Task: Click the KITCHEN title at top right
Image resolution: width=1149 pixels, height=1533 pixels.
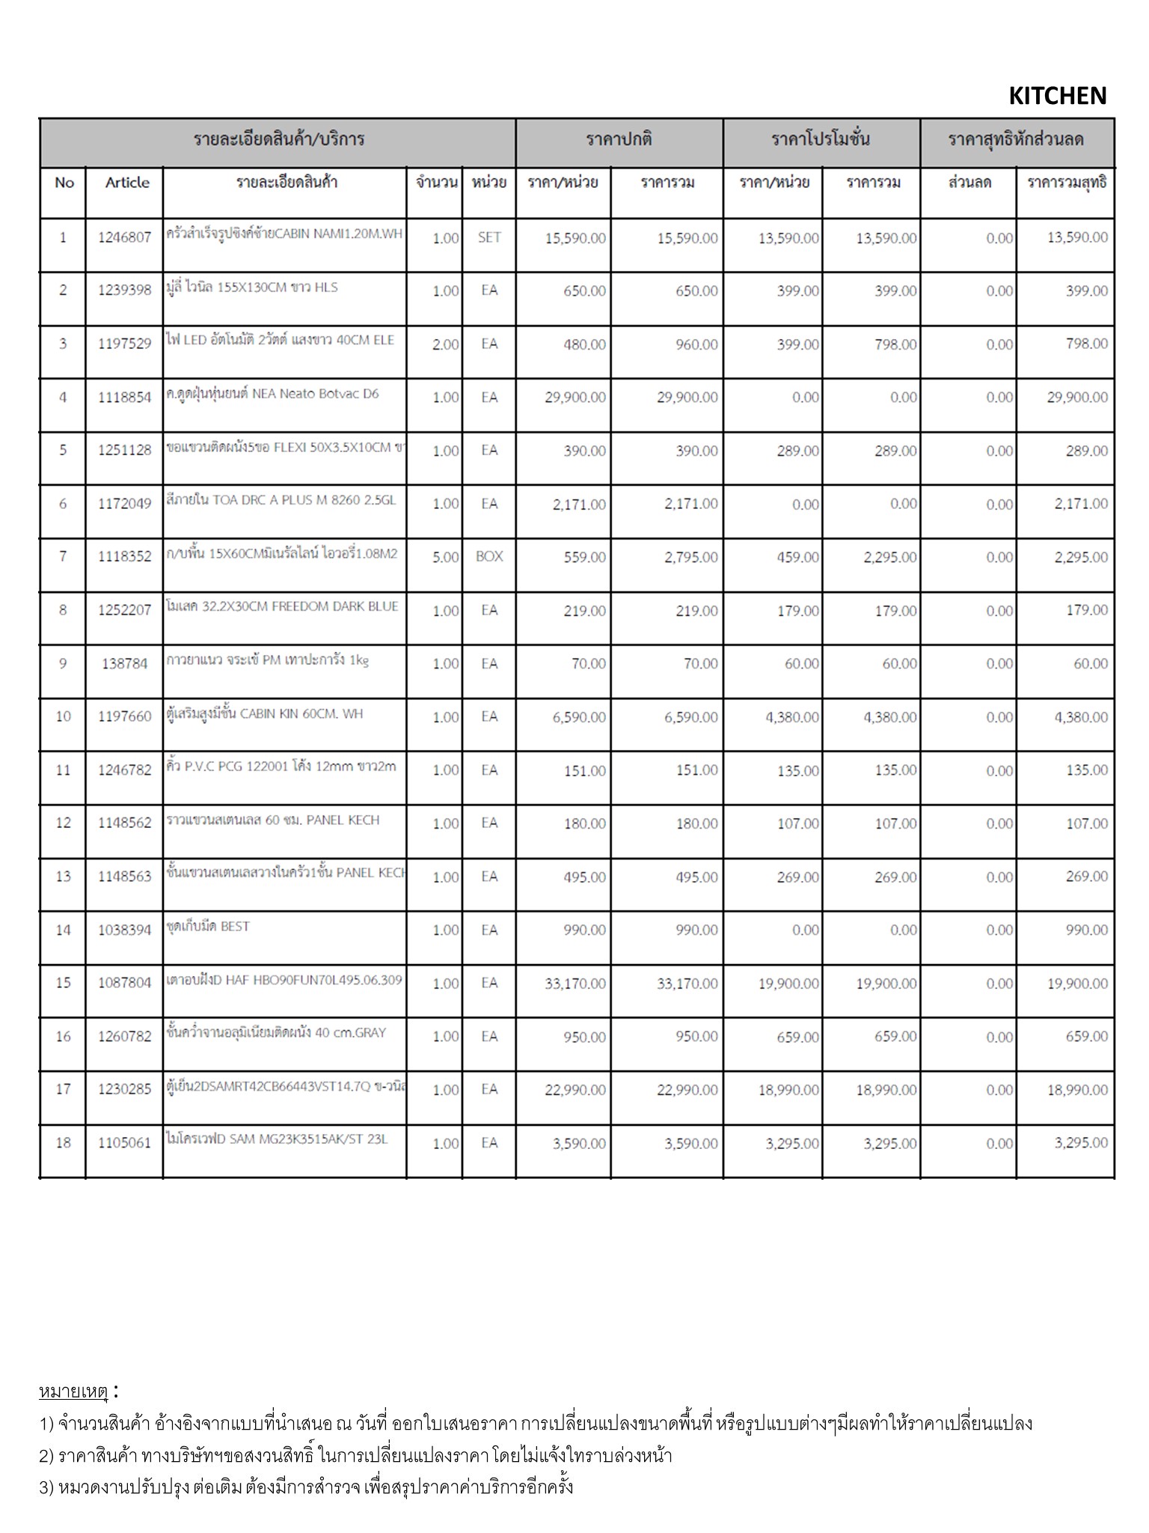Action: point(1057,96)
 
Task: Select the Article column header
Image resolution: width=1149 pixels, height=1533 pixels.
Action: point(127,183)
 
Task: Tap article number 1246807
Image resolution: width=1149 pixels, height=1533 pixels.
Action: point(124,237)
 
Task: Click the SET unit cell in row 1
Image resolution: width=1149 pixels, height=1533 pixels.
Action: point(489,237)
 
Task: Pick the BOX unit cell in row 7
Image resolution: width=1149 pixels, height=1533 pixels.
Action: point(489,556)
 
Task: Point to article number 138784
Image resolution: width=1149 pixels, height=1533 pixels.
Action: point(124,663)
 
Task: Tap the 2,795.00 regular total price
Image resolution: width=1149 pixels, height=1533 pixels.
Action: point(690,557)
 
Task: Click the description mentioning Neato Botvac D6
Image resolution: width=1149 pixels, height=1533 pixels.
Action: point(272,394)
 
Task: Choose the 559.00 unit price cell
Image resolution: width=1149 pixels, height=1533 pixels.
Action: point(584,557)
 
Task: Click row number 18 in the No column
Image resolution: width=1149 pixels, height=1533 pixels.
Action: point(64,1142)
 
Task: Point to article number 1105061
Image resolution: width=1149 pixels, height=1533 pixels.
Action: point(124,1143)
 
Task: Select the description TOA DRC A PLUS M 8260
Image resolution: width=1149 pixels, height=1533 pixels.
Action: point(281,500)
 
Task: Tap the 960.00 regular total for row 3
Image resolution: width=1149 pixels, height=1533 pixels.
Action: point(696,344)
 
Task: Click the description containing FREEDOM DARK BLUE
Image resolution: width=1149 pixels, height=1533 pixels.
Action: point(282,606)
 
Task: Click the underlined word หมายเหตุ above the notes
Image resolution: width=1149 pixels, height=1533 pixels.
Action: point(73,1392)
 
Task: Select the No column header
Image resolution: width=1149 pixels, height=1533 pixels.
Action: point(64,183)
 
